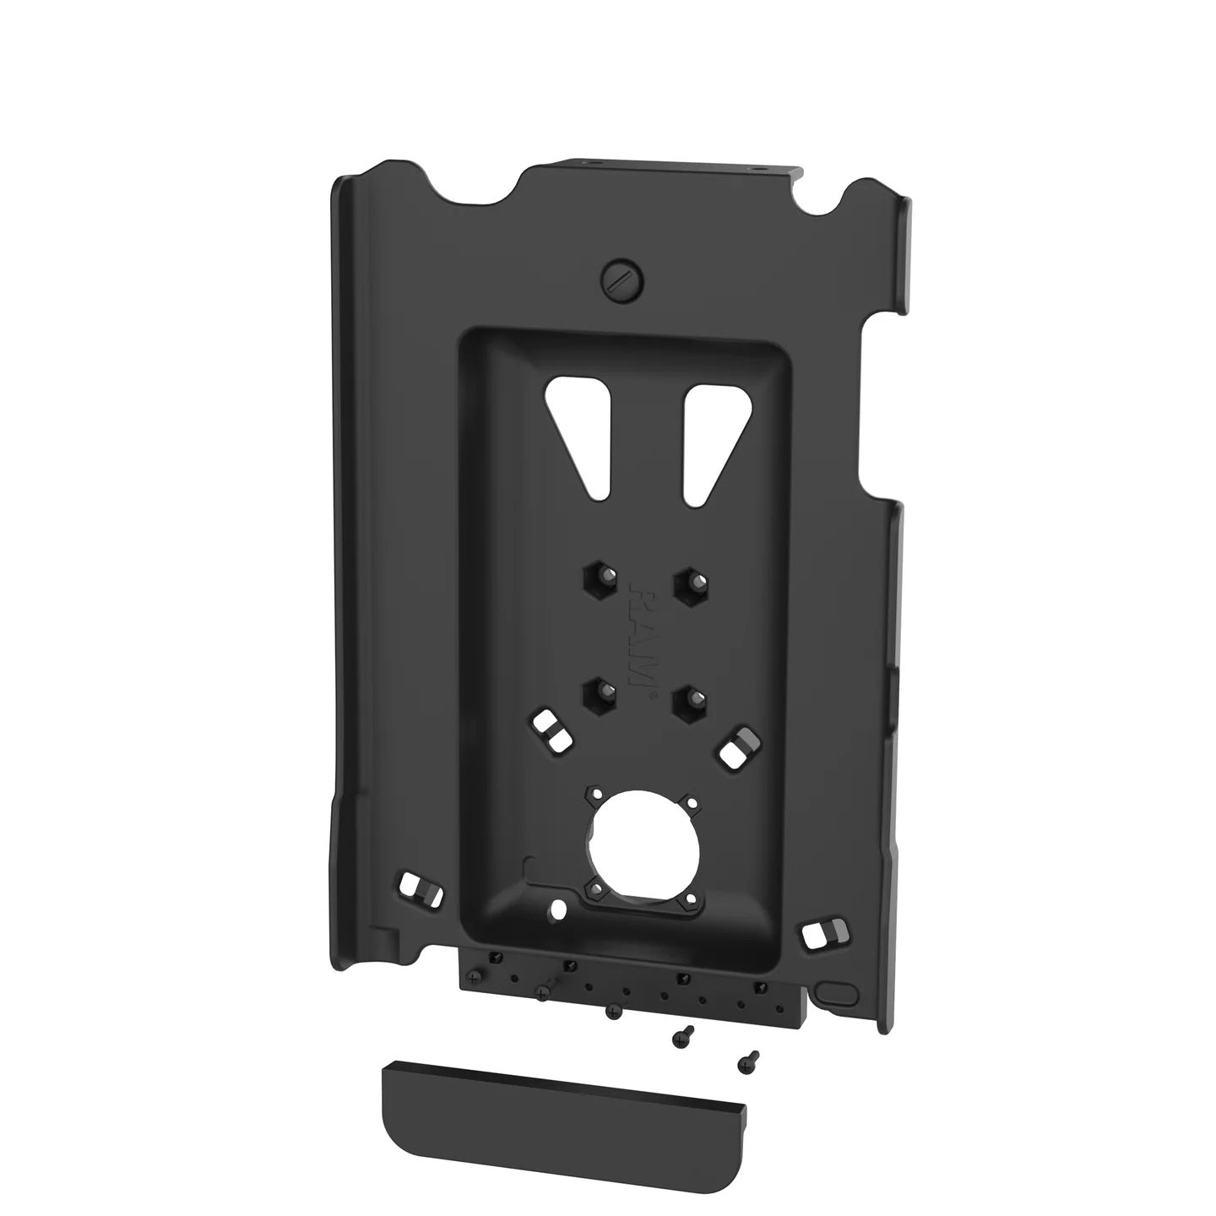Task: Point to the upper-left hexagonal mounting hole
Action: tap(597, 580)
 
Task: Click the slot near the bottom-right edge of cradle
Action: tap(821, 932)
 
